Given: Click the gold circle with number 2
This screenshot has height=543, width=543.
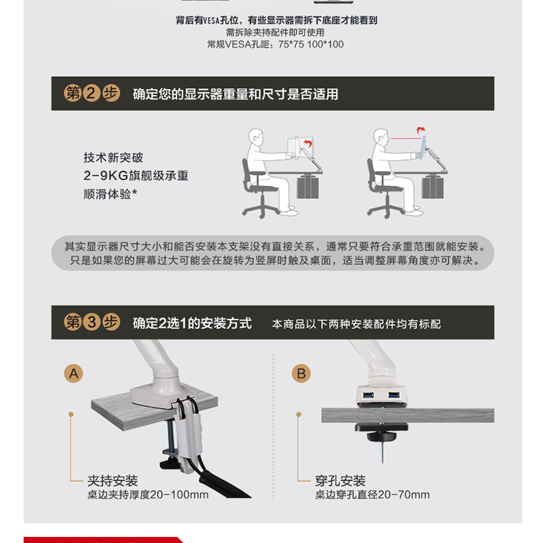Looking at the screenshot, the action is [x=92, y=93].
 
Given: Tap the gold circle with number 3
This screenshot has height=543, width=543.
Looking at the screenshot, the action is [x=92, y=322].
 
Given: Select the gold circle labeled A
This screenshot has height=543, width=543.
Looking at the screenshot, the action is [x=73, y=373].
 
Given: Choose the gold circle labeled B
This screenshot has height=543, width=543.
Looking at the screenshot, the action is [x=301, y=373].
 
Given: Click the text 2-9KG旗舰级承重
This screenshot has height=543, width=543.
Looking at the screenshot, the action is [x=136, y=176].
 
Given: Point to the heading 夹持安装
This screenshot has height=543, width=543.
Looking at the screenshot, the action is [x=113, y=481].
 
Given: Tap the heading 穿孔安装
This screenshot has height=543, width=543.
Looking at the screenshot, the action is [x=340, y=481].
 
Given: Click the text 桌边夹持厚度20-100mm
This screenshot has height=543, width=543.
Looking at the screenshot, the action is [x=148, y=495].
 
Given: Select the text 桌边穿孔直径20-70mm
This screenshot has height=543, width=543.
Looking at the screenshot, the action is [x=372, y=495].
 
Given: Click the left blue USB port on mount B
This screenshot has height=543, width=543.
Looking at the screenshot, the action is [x=368, y=395].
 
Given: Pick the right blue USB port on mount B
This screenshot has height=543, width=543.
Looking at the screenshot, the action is [x=394, y=395].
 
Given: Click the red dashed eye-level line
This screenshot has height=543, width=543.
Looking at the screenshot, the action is [x=405, y=138].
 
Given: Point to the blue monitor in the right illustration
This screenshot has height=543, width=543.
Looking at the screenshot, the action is [x=422, y=147].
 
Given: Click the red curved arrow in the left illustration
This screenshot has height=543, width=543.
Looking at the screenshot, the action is [x=307, y=143].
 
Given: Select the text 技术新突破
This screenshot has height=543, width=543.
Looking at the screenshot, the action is [x=113, y=157].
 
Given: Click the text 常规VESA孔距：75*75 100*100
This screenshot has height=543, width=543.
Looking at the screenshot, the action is [x=276, y=44].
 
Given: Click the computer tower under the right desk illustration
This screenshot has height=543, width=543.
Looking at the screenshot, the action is [x=432, y=187].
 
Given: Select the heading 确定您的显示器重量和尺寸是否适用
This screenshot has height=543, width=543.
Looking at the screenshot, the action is [x=236, y=94].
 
